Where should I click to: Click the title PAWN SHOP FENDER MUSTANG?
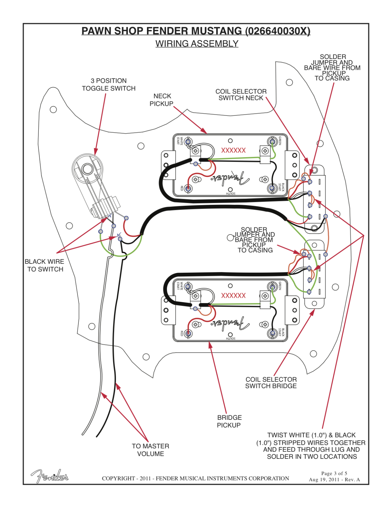[x=196, y=31]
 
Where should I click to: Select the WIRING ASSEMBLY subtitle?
[x=197, y=44]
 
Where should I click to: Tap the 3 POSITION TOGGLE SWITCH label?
[x=109, y=85]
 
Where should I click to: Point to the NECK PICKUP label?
[x=162, y=100]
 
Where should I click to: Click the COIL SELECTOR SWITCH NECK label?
[x=241, y=95]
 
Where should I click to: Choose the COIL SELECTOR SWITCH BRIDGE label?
[x=271, y=383]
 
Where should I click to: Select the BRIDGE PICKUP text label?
[x=229, y=421]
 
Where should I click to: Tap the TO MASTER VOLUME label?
[x=150, y=450]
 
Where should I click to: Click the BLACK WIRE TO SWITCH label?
[x=45, y=265]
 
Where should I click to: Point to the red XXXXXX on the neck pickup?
[x=233, y=150]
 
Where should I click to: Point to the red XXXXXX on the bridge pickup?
[x=233, y=296]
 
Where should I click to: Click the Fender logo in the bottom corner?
[x=50, y=476]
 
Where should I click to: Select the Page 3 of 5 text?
[x=334, y=473]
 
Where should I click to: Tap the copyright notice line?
[x=196, y=478]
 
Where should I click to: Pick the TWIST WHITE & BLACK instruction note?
[x=311, y=446]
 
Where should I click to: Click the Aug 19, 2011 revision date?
[x=334, y=480]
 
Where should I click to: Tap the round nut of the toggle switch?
[x=87, y=168]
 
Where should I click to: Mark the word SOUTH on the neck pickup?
[x=231, y=193]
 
